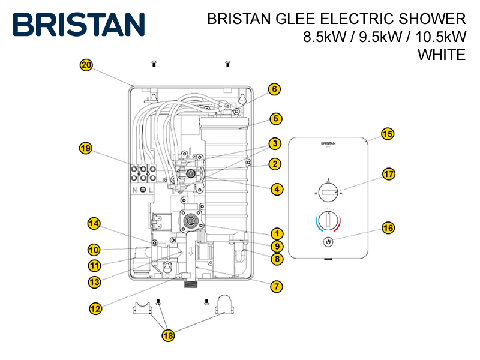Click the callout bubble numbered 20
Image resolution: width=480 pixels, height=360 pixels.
(86, 65)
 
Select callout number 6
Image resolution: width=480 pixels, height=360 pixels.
(274, 89)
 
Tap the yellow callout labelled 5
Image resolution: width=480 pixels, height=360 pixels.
(276, 118)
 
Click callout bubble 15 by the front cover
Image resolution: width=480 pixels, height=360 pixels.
(388, 134)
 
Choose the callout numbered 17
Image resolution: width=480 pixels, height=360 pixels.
(389, 175)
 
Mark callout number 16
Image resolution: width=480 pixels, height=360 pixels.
(388, 228)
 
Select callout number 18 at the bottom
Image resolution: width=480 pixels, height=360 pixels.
(168, 336)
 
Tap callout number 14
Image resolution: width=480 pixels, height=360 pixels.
(94, 224)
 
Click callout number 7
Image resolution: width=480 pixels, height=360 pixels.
(276, 286)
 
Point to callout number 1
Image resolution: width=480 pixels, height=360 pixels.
(276, 233)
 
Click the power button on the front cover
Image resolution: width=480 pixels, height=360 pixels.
(328, 242)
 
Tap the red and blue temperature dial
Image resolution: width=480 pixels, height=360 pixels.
(328, 221)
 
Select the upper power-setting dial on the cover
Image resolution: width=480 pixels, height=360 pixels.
(328, 193)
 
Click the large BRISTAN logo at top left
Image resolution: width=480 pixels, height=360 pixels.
(79, 24)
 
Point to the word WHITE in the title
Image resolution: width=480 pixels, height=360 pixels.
(442, 55)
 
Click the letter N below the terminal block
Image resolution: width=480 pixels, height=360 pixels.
(135, 190)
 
